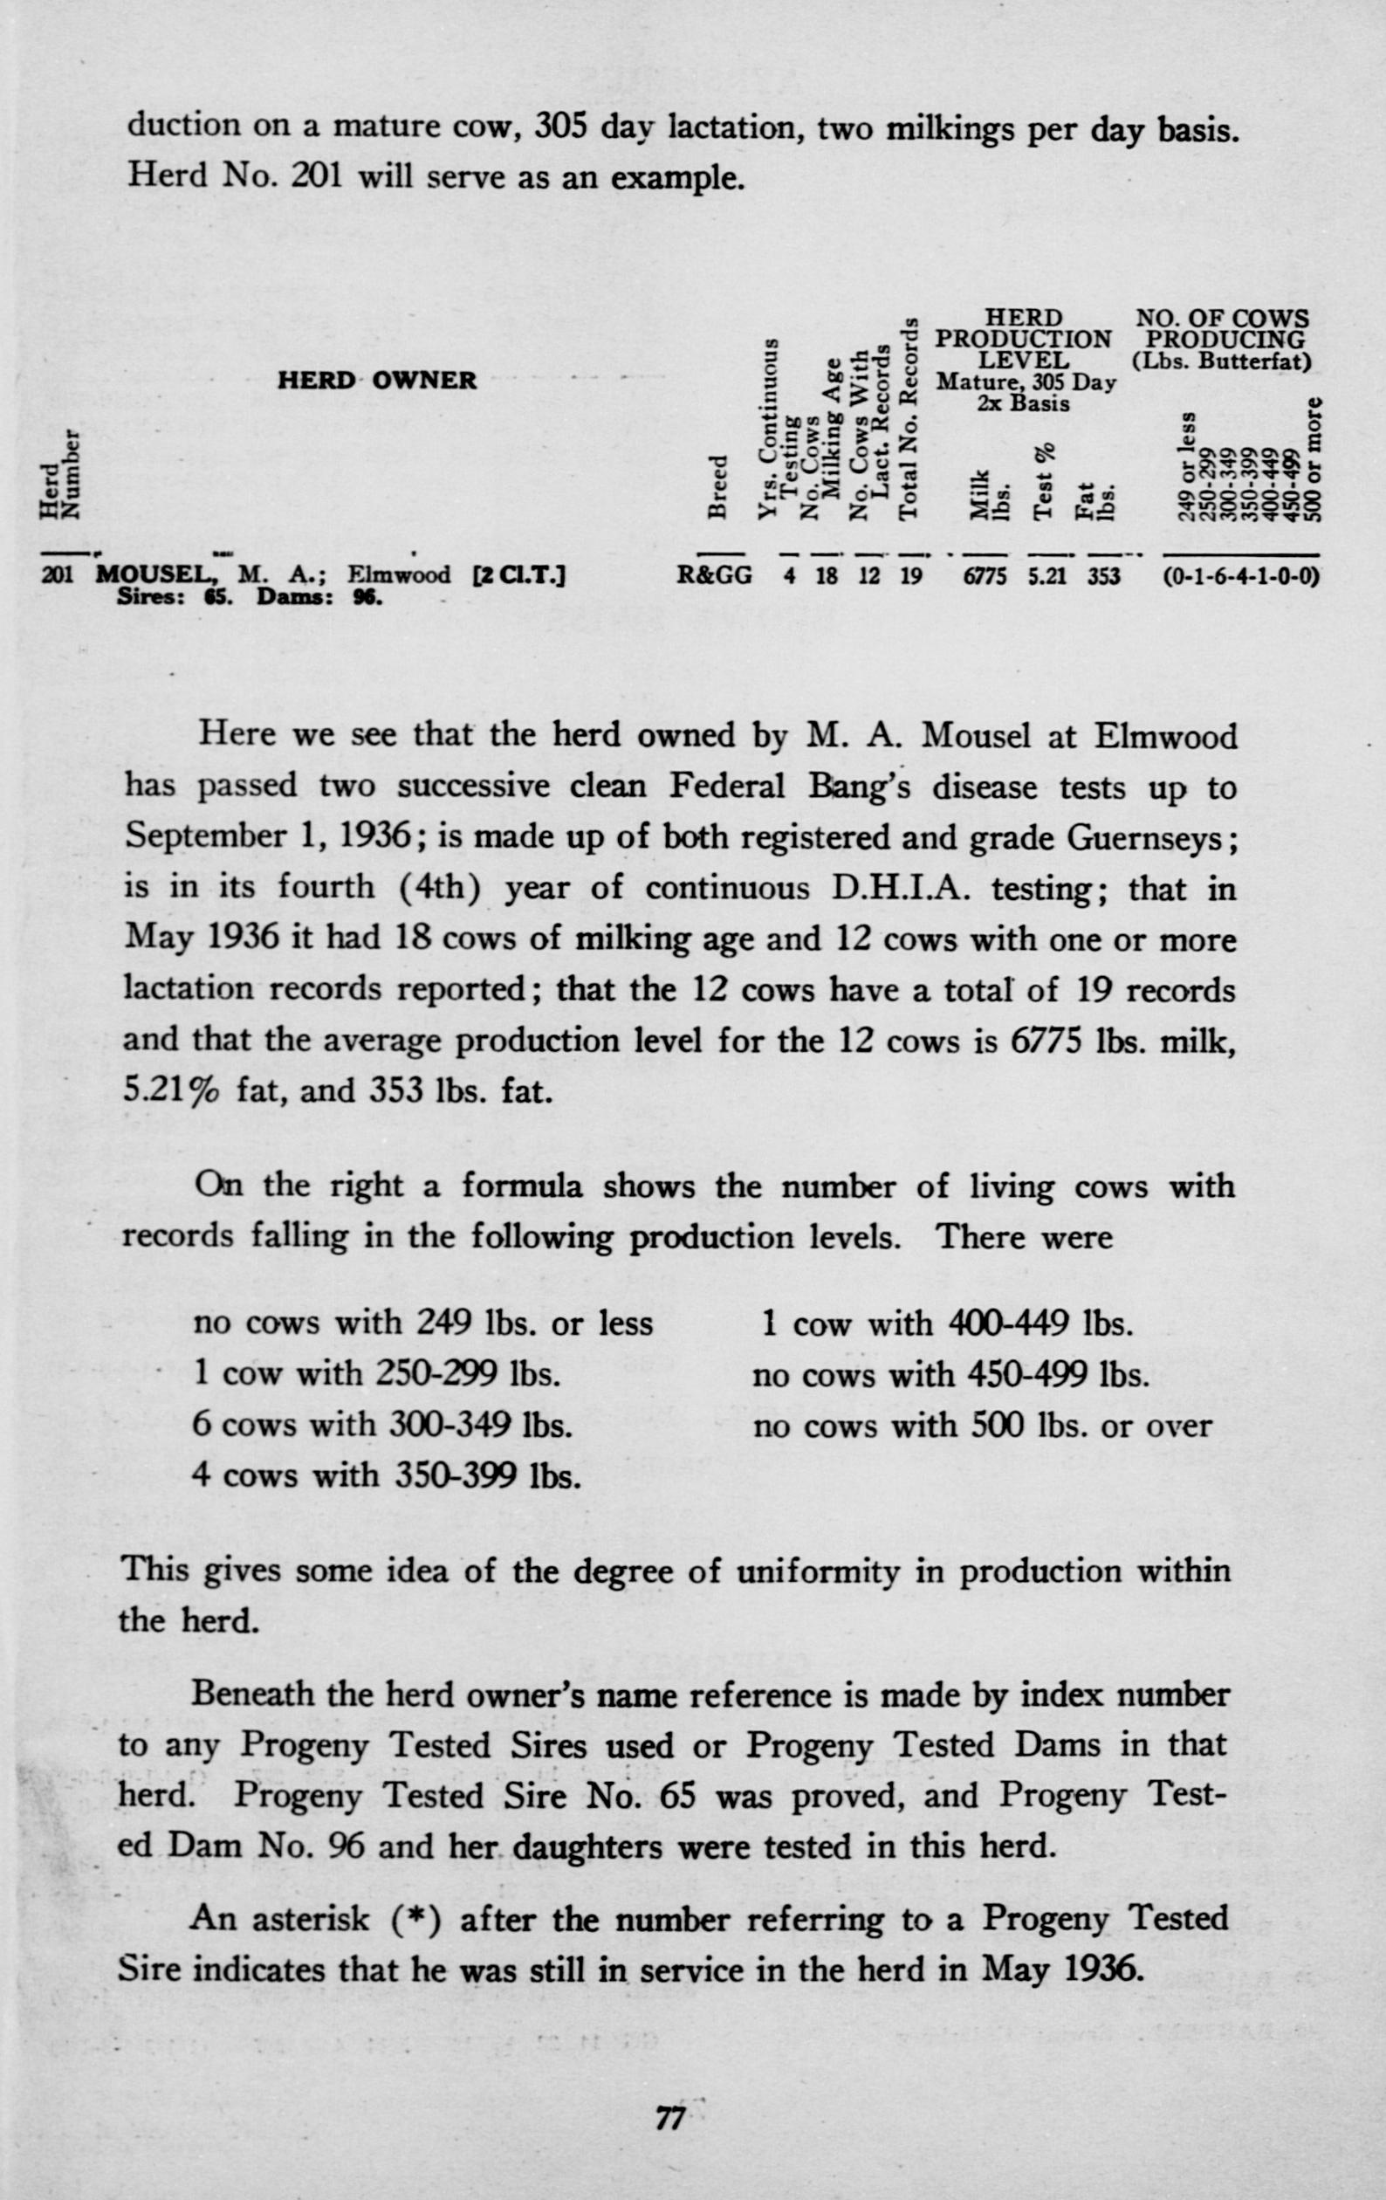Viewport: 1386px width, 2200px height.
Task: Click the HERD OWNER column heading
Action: (376, 381)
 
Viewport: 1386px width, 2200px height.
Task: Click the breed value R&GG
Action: (715, 576)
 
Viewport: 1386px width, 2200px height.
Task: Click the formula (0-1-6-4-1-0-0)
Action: (1241, 576)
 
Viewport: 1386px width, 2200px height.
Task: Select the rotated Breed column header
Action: (719, 486)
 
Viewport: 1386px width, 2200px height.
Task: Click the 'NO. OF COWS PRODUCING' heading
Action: (1222, 329)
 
